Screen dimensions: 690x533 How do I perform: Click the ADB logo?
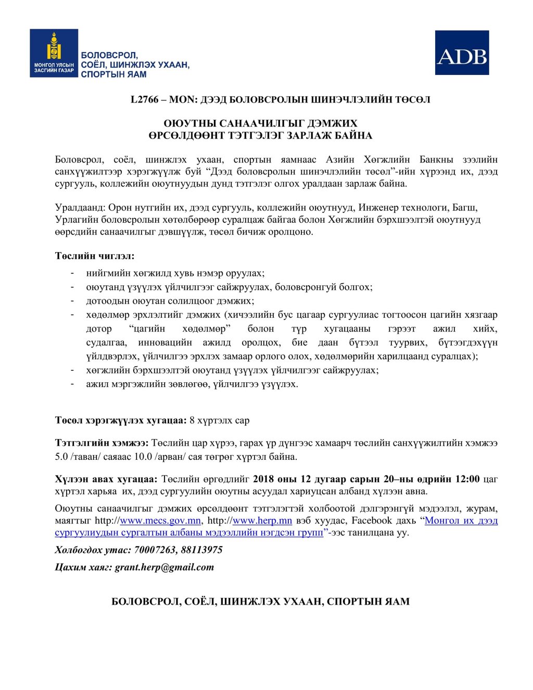(462, 53)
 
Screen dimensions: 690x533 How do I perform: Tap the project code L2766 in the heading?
(144, 99)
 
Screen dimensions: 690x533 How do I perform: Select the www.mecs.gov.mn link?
(160, 520)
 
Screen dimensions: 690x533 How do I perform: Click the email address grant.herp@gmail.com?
(164, 567)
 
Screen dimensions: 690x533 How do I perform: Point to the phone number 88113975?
(201, 550)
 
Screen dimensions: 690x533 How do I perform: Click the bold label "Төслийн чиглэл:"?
(95, 256)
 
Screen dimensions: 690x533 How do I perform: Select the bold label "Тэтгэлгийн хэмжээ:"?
(102, 443)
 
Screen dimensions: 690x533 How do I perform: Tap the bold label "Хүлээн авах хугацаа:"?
(106, 479)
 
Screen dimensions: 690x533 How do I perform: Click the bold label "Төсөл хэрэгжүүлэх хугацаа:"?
(120, 420)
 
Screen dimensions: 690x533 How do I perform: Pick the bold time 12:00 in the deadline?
(467, 479)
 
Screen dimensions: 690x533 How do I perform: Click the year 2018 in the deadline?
(265, 479)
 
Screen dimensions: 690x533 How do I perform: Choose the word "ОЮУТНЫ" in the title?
(188, 123)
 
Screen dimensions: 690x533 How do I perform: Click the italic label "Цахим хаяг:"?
(83, 567)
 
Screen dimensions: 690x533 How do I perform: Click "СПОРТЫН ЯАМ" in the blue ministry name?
(113, 74)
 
